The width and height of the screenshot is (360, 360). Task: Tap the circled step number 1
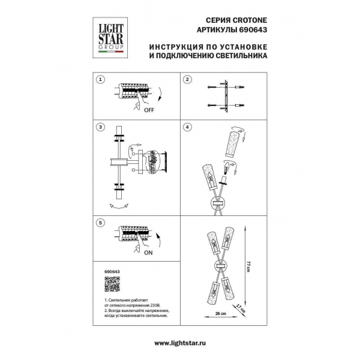click(101, 80)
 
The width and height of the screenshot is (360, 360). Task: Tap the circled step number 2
click(188, 80)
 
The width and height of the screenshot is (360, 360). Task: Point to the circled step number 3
click(101, 127)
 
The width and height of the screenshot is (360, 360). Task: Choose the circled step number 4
click(188, 127)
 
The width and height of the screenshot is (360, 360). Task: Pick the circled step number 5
click(101, 222)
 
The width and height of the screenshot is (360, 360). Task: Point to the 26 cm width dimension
click(221, 314)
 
